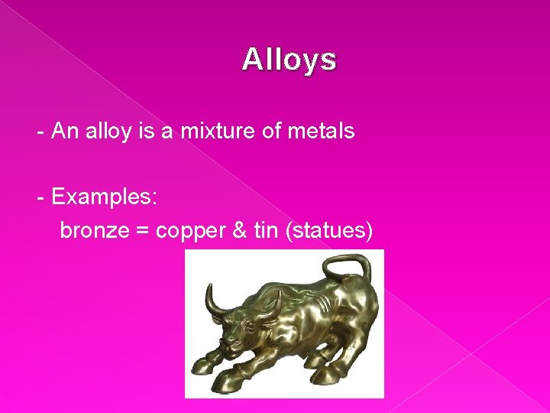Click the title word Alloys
point(289,59)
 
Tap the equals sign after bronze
point(143,231)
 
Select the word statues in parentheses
point(328,230)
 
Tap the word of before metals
point(271,131)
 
